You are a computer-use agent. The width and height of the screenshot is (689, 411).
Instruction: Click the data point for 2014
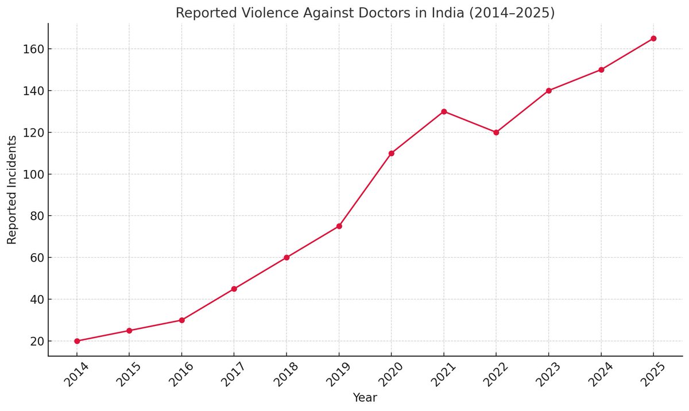[77, 341]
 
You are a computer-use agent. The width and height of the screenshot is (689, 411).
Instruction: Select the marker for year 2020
[392, 153]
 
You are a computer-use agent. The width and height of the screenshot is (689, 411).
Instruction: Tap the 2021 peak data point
[444, 111]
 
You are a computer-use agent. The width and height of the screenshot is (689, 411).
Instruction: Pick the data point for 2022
[496, 132]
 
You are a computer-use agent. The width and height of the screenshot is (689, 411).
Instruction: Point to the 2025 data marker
[653, 38]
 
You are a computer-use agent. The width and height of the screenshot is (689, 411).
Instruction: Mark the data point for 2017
[234, 289]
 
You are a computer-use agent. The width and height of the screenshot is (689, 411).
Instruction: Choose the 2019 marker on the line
[339, 226]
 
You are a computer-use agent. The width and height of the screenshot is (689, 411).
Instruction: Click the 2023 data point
[549, 91]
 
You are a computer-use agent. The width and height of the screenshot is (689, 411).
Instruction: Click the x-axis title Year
[365, 397]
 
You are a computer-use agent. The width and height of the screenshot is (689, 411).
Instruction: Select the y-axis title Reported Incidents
[12, 190]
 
